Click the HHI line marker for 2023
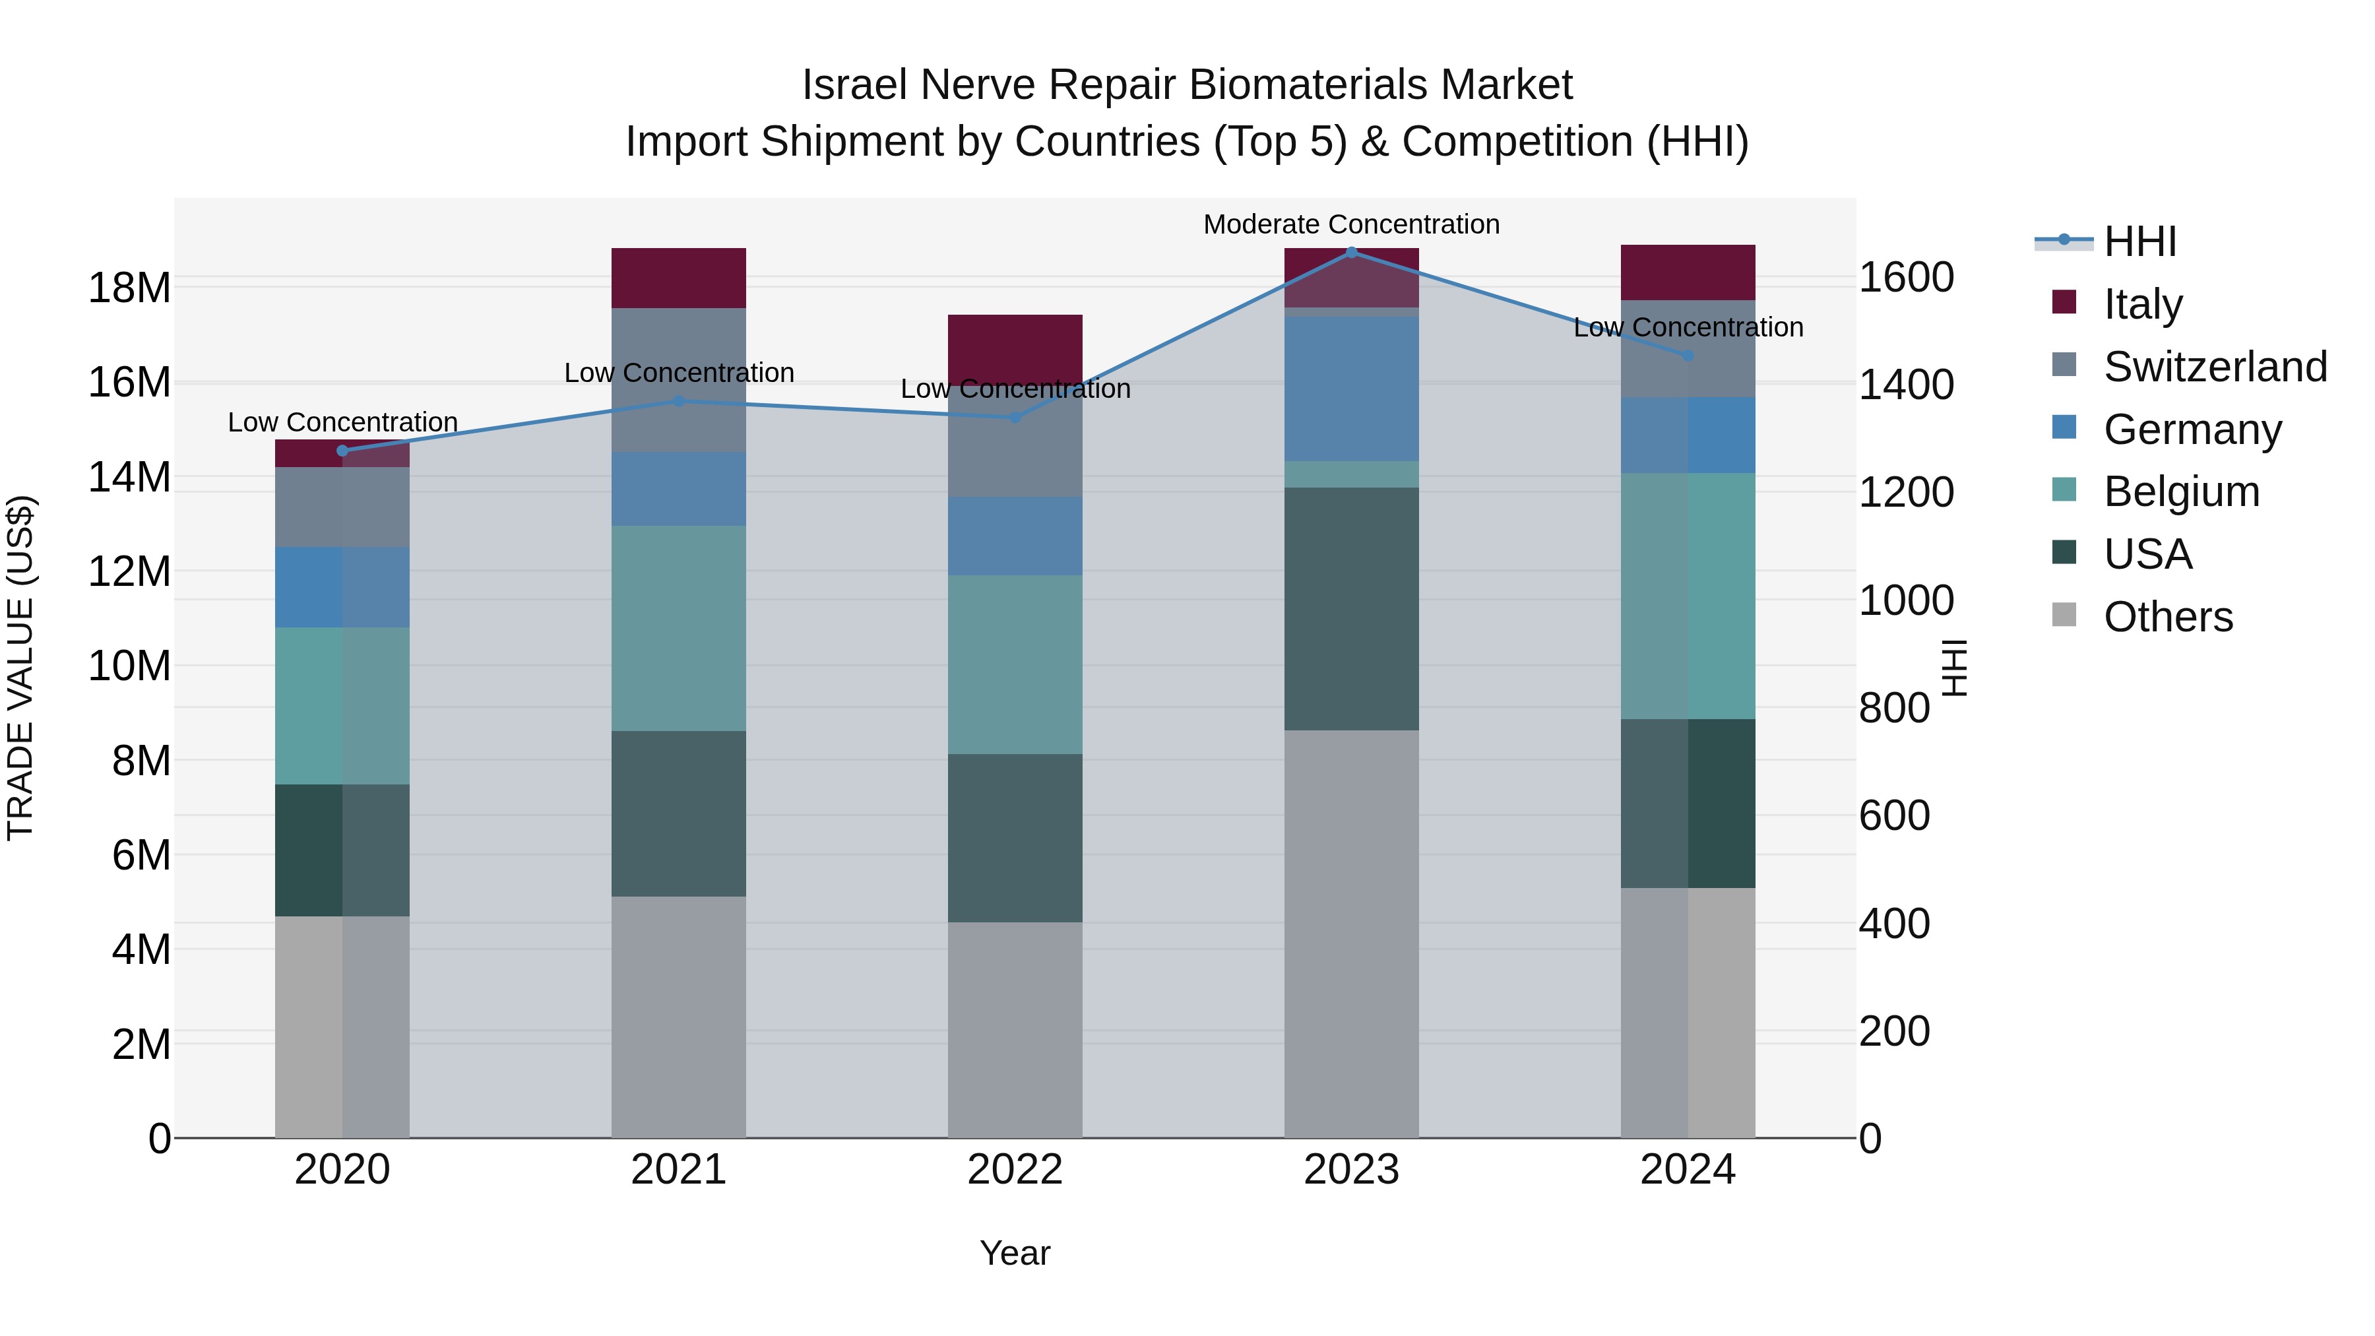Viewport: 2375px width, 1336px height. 1352,252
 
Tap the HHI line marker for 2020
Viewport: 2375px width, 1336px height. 342,451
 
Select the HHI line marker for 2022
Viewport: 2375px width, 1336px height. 1015,417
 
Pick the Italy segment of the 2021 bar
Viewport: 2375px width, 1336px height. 679,278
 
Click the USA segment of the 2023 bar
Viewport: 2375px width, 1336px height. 1352,608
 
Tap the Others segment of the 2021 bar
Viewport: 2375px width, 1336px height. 679,1016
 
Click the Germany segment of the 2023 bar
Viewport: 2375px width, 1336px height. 1352,388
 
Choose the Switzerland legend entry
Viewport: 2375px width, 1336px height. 2215,367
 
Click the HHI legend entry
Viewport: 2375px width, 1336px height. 2139,241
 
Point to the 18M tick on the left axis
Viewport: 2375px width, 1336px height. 129,288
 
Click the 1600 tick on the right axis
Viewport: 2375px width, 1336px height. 1906,278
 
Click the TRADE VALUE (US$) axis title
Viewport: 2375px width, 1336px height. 20,668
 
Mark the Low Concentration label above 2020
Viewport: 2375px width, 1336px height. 342,422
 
